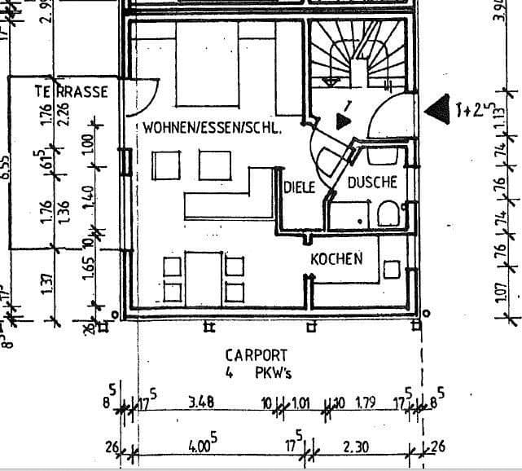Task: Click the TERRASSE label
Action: point(71,92)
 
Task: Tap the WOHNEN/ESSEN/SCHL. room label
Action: point(212,128)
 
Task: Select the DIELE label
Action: point(299,187)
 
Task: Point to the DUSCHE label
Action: point(372,183)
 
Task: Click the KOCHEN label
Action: point(336,259)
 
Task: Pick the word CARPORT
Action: point(257,355)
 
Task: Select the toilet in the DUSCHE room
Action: point(388,214)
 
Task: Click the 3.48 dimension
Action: point(200,402)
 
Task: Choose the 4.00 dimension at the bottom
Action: point(201,447)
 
